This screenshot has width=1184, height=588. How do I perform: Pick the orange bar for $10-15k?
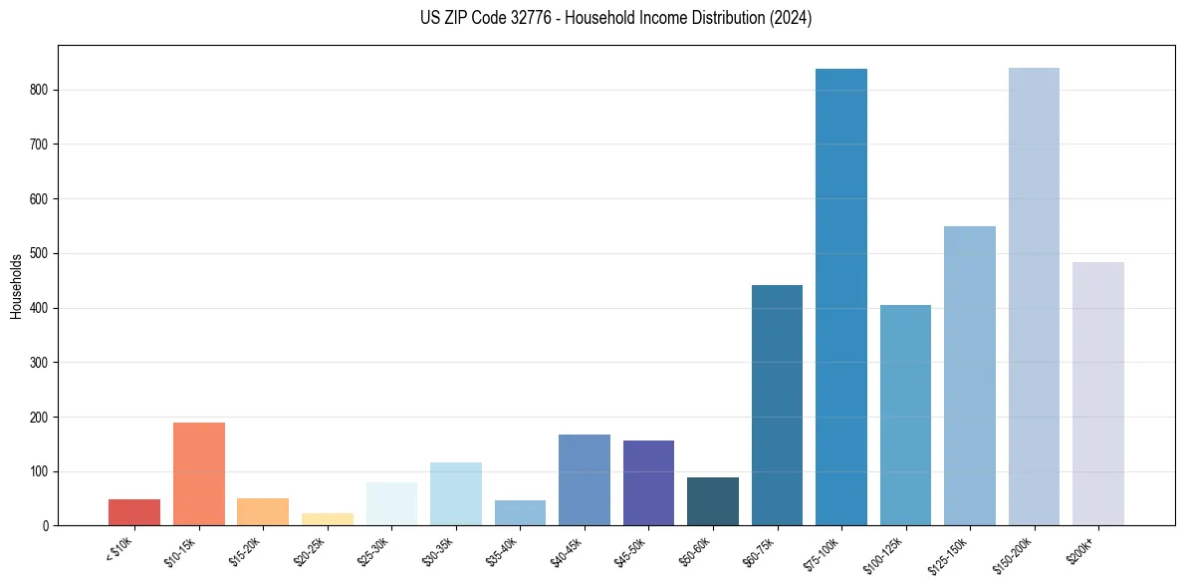[198, 474]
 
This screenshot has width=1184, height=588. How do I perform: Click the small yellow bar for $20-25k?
[327, 519]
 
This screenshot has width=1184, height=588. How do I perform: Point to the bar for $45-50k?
[648, 483]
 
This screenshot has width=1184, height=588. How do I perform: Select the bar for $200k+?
[1097, 394]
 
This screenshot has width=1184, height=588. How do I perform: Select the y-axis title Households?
[16, 286]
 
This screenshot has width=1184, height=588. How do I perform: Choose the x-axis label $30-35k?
[437, 550]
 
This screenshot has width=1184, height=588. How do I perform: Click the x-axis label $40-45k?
[566, 550]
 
